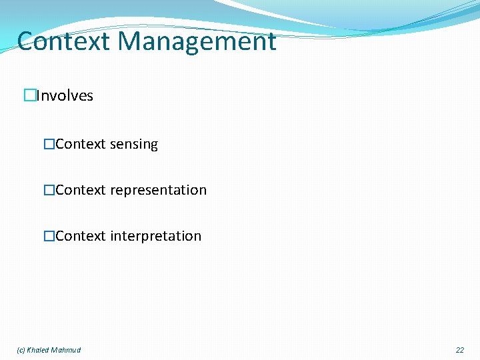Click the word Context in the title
point(63,41)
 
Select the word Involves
point(65,96)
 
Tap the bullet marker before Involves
point(29,96)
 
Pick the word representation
point(158,191)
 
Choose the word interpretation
point(155,237)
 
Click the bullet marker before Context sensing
point(49,145)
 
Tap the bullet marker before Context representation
point(49,191)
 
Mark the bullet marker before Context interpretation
point(49,237)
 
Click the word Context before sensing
point(81,145)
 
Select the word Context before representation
point(81,191)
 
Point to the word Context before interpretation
point(81,237)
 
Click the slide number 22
point(460,350)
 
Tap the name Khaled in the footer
point(39,350)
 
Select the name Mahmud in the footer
point(66,350)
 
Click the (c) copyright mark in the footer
point(21,350)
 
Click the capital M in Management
point(129,41)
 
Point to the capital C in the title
point(27,41)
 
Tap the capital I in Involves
point(38,96)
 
